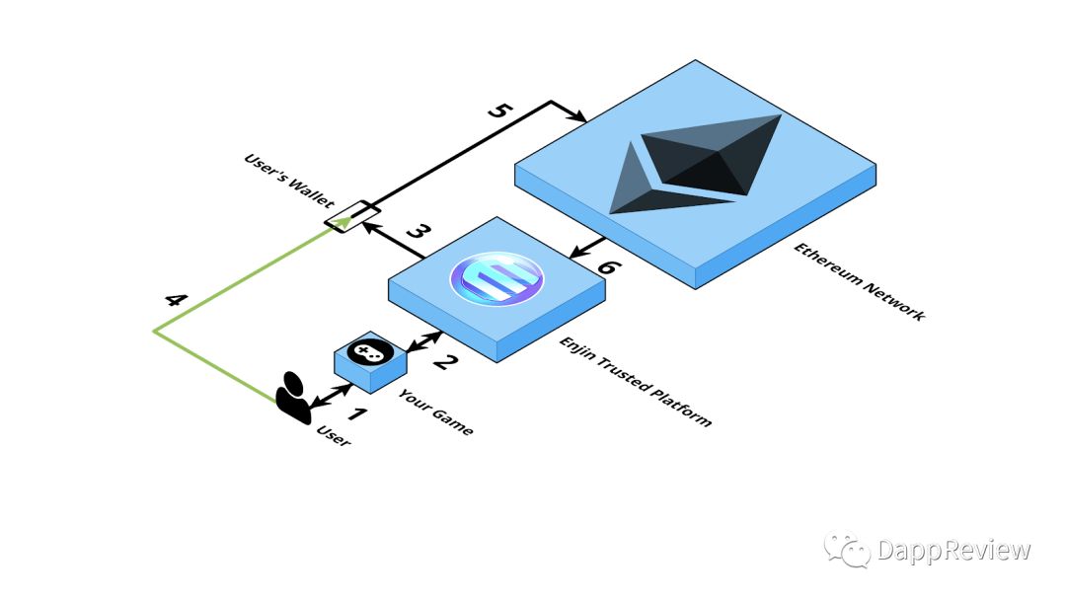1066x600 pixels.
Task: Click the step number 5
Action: pyautogui.click(x=499, y=110)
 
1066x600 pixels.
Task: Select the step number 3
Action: pyautogui.click(x=419, y=231)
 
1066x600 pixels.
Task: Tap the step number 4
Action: pyautogui.click(x=176, y=299)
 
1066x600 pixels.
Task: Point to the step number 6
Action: pyautogui.click(x=607, y=266)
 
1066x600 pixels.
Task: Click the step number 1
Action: pyautogui.click(x=357, y=413)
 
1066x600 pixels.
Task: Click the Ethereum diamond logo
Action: pyautogui.click(x=694, y=164)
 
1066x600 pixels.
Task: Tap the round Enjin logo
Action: pyautogui.click(x=496, y=278)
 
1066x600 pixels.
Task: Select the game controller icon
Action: pyautogui.click(x=369, y=351)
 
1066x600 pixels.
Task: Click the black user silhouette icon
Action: pyautogui.click(x=294, y=398)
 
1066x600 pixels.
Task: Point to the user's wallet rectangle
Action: pyautogui.click(x=352, y=217)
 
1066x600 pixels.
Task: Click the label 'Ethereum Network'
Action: pyautogui.click(x=859, y=281)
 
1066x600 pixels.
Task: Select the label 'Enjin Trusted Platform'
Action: pyautogui.click(x=635, y=381)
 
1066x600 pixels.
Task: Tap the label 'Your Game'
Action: pyautogui.click(x=435, y=412)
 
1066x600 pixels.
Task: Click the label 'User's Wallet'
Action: pyautogui.click(x=289, y=180)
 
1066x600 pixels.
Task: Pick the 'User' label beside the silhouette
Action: pyautogui.click(x=334, y=436)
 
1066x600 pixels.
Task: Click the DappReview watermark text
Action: pyautogui.click(x=953, y=549)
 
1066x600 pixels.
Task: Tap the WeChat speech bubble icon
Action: pyautogui.click(x=847, y=549)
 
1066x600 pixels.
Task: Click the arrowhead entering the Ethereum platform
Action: pyautogui.click(x=577, y=117)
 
